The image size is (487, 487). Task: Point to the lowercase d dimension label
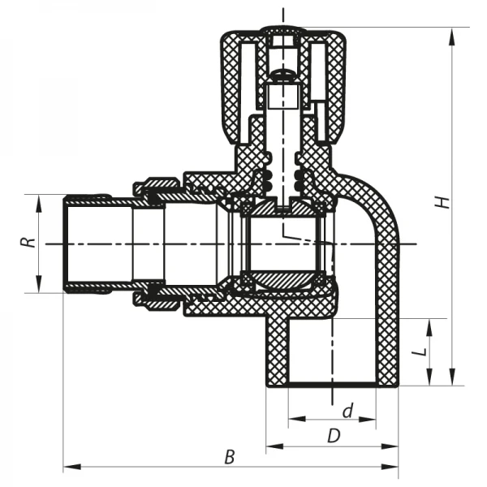(x=347, y=412)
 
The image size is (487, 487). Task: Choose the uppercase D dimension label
(x=333, y=436)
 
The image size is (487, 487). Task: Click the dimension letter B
(x=230, y=458)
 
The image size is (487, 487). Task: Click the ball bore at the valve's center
(x=282, y=243)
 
